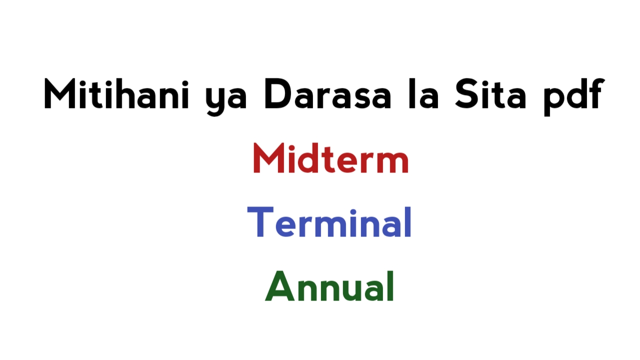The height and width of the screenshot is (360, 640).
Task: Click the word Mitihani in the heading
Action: point(116,94)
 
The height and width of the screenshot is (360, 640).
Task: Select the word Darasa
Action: point(327,94)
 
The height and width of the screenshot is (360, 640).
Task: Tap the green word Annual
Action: point(329,286)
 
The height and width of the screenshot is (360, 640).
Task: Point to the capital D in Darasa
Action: point(279,94)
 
